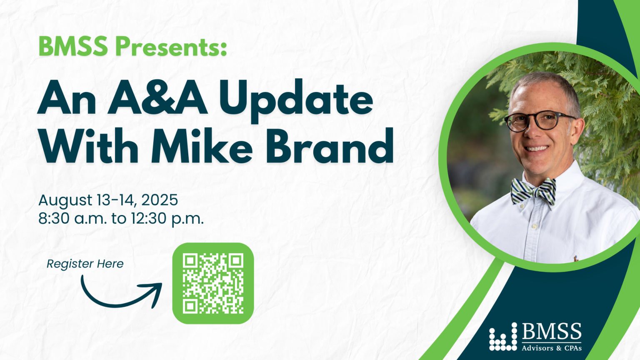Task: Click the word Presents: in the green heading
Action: [171, 47]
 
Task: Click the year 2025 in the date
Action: [160, 200]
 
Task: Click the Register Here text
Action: [85, 264]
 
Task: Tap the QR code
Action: [213, 283]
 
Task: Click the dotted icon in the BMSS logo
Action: [503, 337]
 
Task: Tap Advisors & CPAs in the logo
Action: [552, 348]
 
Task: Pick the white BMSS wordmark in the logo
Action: [552, 331]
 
